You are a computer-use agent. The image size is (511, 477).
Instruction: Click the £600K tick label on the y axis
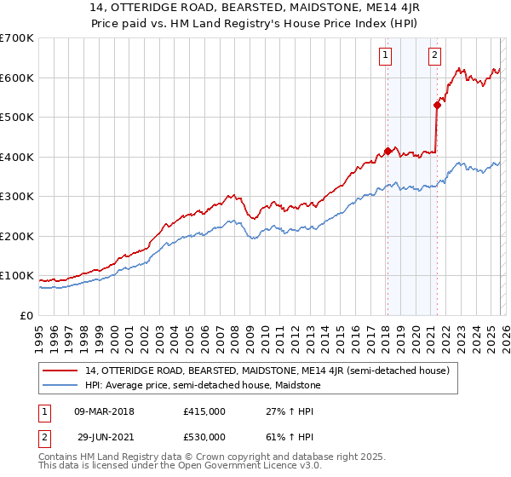point(16,78)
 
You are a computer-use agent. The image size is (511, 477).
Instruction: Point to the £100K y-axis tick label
point(16,276)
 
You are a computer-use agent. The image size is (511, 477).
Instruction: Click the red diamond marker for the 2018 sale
point(387,151)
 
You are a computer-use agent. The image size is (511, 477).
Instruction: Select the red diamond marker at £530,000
point(437,106)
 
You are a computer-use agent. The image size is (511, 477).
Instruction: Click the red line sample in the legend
point(61,370)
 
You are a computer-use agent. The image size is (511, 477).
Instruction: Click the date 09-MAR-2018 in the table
point(104,411)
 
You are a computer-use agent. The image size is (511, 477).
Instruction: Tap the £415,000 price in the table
point(204,411)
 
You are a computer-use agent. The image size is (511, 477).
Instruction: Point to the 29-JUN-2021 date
point(106,436)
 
